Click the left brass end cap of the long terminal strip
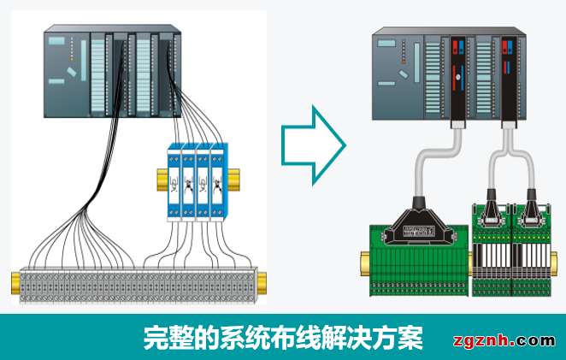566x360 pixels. tap(16, 281)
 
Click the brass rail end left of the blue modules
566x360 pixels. tap(162, 179)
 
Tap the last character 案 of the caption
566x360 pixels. tap(411, 336)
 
